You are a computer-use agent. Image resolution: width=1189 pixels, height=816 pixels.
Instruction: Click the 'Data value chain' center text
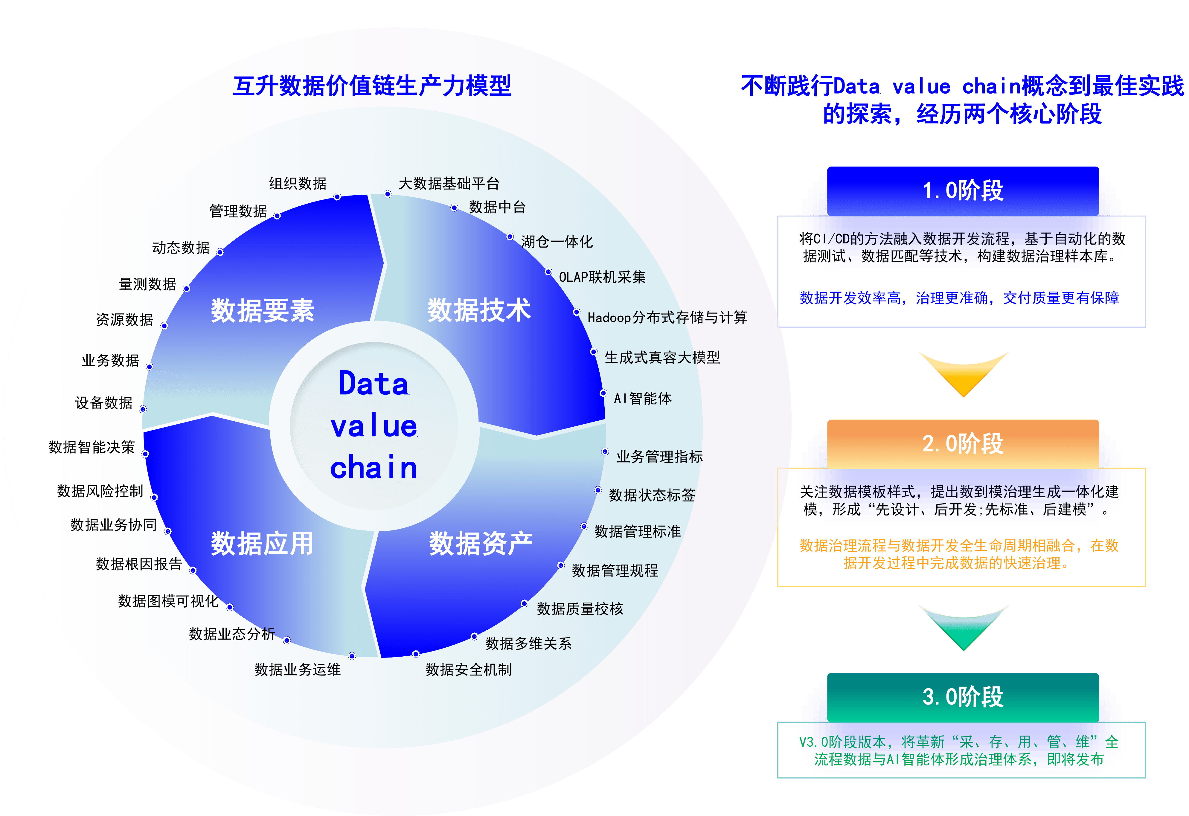tap(374, 426)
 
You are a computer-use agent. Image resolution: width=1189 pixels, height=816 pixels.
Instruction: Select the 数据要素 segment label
tap(263, 310)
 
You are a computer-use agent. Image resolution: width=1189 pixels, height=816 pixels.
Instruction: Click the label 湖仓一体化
tap(557, 242)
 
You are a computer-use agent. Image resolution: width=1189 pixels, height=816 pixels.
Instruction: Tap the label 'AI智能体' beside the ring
tap(643, 398)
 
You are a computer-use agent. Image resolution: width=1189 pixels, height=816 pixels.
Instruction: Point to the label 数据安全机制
tap(469, 669)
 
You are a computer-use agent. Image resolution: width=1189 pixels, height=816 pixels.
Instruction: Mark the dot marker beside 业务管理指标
tap(605, 451)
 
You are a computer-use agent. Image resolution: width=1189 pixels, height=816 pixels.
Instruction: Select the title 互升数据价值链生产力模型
tap(372, 86)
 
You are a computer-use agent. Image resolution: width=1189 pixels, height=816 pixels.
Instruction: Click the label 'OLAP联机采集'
tap(602, 277)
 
